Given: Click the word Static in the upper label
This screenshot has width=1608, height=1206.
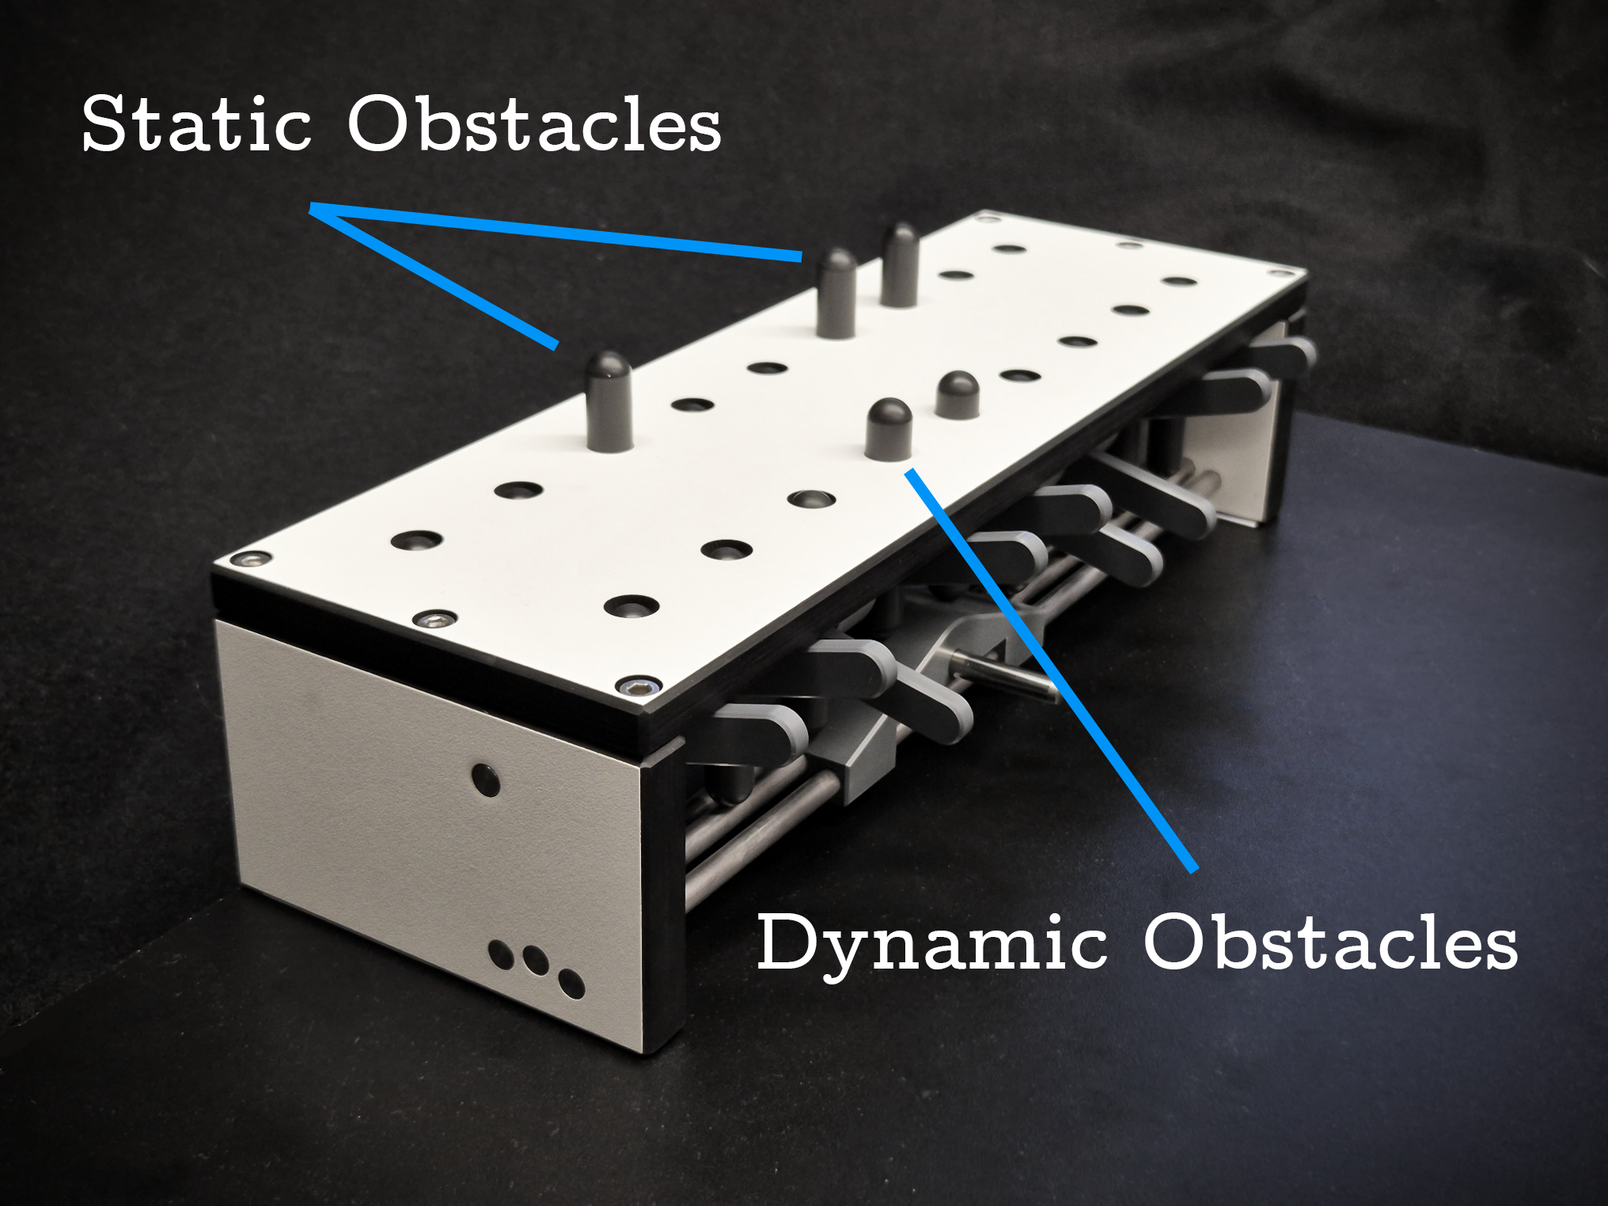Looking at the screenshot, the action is [197, 123].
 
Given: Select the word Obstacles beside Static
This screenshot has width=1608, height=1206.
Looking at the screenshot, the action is [535, 123].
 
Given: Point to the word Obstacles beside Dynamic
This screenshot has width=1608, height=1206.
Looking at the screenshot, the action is [1331, 942].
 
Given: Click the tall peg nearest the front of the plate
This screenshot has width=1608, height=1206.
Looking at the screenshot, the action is [609, 401].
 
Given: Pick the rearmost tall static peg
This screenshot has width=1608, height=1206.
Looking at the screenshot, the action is [900, 265].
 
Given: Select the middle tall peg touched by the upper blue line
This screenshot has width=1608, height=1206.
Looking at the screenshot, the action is [836, 293].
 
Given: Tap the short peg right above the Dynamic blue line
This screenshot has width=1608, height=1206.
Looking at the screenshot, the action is [889, 430].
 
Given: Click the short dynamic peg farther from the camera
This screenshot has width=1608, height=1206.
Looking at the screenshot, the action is [957, 395].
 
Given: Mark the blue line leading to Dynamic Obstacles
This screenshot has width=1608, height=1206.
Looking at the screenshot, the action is [1052, 669].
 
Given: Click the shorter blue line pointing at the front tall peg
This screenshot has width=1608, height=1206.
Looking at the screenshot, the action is [434, 276].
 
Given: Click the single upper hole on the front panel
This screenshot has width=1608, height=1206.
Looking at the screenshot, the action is [485, 779].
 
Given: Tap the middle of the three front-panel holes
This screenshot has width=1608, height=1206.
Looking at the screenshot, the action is [535, 960].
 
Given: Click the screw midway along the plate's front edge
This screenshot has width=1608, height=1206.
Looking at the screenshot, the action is [434, 619].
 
